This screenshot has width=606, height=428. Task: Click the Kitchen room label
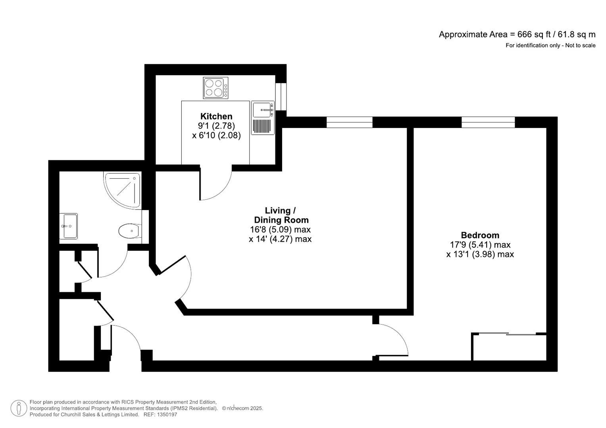pos(216,116)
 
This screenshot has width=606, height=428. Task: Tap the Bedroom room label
pos(480,235)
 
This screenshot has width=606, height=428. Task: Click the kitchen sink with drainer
pos(263,118)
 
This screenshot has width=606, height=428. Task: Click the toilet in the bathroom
pos(129,231)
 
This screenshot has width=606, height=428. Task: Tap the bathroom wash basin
pos(69,226)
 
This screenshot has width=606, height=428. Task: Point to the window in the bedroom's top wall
pos(488,122)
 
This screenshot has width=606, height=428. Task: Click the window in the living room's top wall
pos(349,122)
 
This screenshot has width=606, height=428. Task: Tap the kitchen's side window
pos(281,96)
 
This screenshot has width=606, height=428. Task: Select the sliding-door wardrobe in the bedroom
pos(509,347)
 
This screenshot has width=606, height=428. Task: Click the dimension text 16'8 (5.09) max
pos(280,229)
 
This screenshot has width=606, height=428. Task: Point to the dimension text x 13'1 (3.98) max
pos(480,254)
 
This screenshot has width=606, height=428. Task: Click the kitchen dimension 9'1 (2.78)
pos(216,126)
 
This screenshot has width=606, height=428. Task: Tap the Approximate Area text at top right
pos(517,34)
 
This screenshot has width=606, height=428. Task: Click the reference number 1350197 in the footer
pos(167,415)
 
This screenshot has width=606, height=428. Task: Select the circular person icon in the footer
pos(19,408)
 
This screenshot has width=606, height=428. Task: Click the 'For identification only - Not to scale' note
pos(550,46)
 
